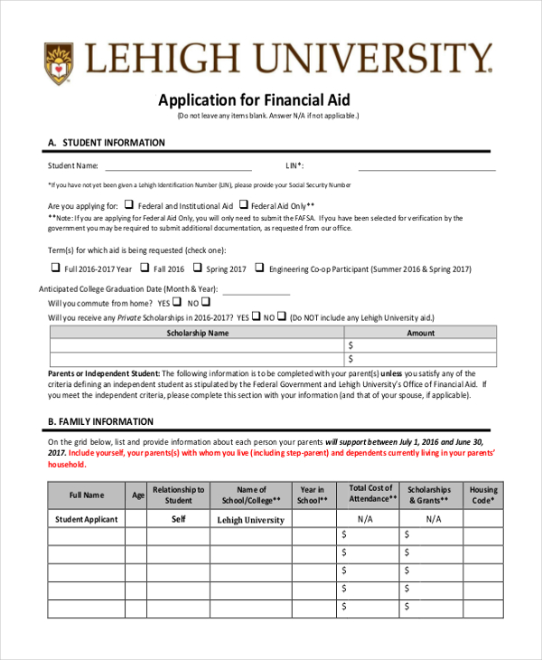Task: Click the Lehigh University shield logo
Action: coord(60,62)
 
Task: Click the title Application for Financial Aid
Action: coord(254,99)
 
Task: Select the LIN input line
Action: coord(426,168)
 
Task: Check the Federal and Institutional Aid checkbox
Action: coord(129,204)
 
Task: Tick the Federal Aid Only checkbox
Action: coord(243,204)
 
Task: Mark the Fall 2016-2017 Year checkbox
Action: coord(55,268)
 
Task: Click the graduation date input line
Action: coord(256,293)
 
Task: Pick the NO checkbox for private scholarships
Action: coord(282,316)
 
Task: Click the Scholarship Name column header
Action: coord(198,333)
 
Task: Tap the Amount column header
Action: coord(421,333)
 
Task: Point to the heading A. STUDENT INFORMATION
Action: coord(107,143)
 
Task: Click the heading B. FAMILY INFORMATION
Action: coord(100,421)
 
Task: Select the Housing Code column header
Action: coord(483,495)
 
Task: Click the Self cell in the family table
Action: coord(179,519)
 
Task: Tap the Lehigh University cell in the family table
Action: coord(251,520)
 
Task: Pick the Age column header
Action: coord(137,495)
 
